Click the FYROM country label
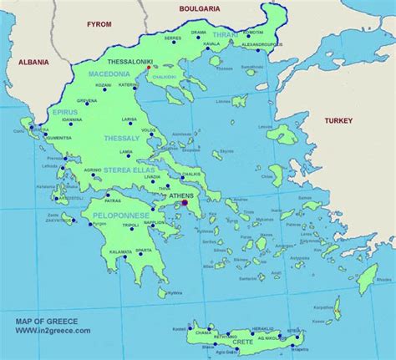click(x=99, y=24)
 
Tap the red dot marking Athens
click(x=185, y=200)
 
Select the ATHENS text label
click(x=180, y=194)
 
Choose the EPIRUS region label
click(x=64, y=111)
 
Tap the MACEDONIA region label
click(x=109, y=74)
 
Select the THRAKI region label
click(x=225, y=35)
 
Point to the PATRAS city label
click(x=114, y=200)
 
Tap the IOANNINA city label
click(x=72, y=119)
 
